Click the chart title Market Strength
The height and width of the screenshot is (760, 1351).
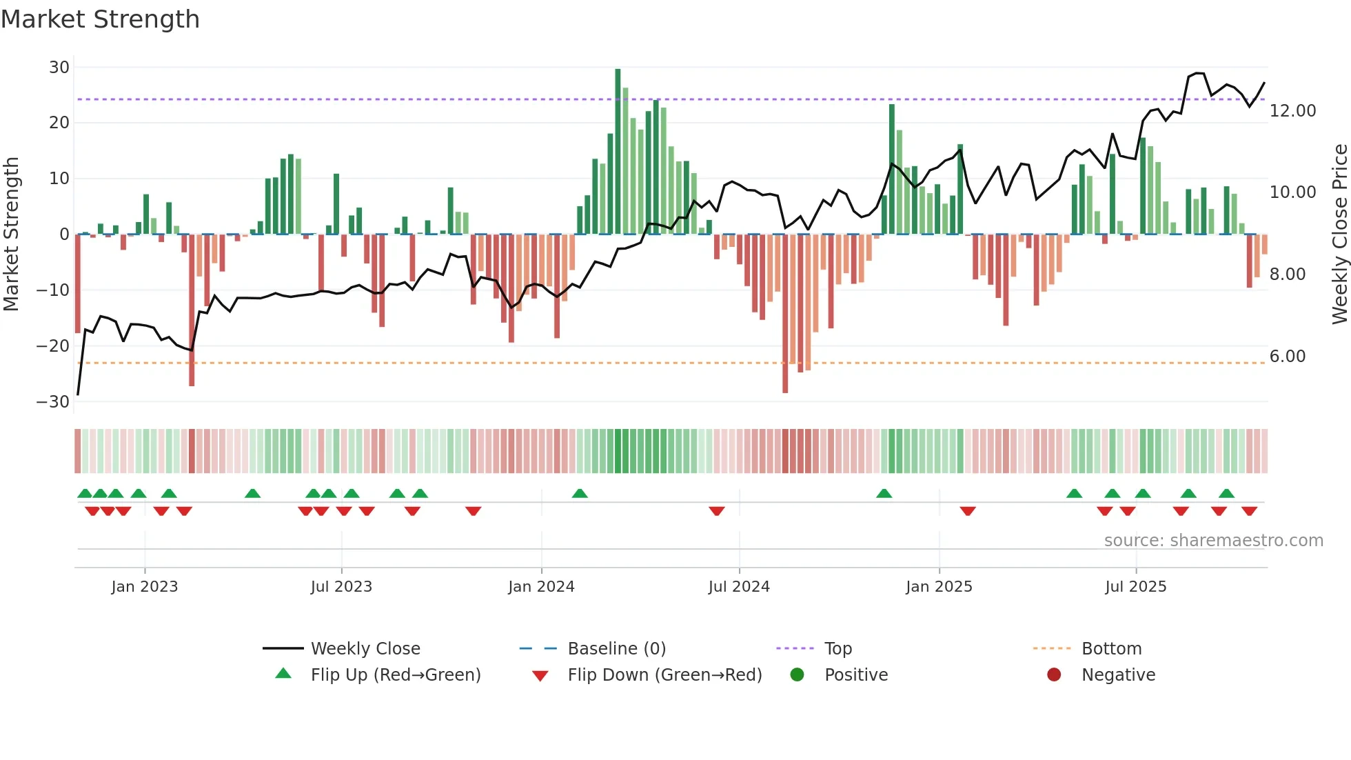tap(100, 19)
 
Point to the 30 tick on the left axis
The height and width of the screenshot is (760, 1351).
tap(59, 68)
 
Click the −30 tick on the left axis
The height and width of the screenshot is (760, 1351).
tap(54, 401)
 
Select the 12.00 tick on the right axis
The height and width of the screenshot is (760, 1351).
tap(1292, 111)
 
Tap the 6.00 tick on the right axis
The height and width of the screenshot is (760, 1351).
tap(1287, 357)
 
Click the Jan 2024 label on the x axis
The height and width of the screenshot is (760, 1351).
tap(541, 587)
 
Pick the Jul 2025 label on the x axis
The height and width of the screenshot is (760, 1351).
tap(1135, 587)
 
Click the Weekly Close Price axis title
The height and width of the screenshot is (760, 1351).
tap(1339, 234)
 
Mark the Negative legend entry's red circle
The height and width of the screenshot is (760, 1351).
tap(1054, 674)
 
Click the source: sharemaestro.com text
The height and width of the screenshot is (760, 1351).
tap(1213, 541)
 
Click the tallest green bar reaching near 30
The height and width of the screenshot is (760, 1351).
tap(618, 152)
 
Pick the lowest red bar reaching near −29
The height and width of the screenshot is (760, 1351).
tap(785, 314)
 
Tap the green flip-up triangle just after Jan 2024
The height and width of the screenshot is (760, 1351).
tap(580, 493)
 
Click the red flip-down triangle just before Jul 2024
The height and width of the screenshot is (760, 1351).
tap(717, 511)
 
